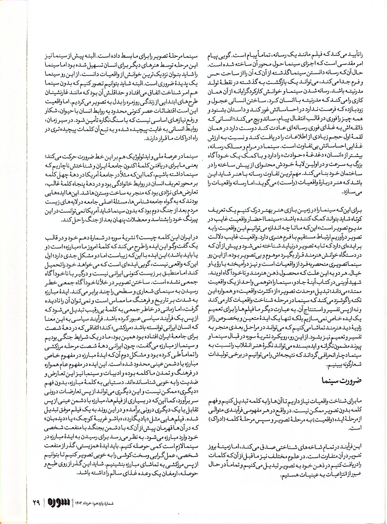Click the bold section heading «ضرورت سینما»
coord(342,380)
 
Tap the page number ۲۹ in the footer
coord(36,502)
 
